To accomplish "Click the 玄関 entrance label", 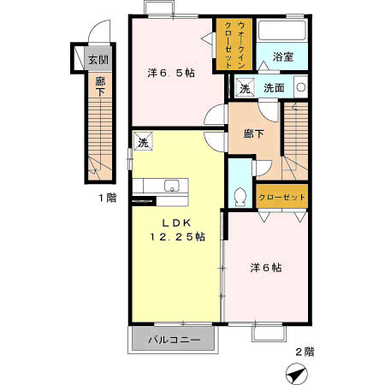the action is pyautogui.click(x=98, y=60).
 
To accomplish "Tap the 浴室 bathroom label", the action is pyautogui.click(x=283, y=56).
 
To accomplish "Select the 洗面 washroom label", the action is pyautogui.click(x=274, y=88).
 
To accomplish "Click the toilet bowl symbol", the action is pyautogui.click(x=240, y=197).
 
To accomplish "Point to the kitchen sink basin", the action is pyautogui.click(x=171, y=186).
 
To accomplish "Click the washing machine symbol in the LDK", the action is pyautogui.click(x=143, y=141).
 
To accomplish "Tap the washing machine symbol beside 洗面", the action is pyautogui.click(x=245, y=87).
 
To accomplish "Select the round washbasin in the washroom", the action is pyautogui.click(x=301, y=87).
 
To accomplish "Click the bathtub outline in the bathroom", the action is pyautogui.click(x=282, y=30).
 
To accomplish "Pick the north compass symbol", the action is pyautogui.click(x=297, y=374).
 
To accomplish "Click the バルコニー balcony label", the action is pyautogui.click(x=174, y=340).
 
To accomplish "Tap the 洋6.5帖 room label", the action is pyautogui.click(x=171, y=74).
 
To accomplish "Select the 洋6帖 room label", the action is pyautogui.click(x=266, y=268).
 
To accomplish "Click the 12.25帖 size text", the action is pyautogui.click(x=177, y=236).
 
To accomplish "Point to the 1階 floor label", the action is pyautogui.click(x=108, y=198).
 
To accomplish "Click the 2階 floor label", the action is pyautogui.click(x=305, y=352).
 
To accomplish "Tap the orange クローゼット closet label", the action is pyautogui.click(x=281, y=197).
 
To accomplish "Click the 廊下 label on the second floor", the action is pyautogui.click(x=253, y=133).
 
